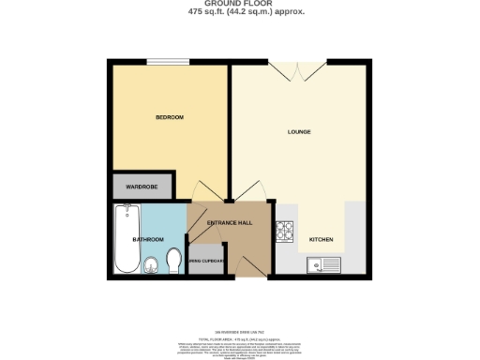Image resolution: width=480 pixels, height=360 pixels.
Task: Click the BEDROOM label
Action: [x=169, y=117]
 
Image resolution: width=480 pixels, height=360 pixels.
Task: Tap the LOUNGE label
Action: [x=299, y=131]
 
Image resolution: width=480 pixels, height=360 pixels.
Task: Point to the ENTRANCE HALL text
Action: [x=230, y=222]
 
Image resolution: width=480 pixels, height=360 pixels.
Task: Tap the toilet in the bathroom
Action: [x=172, y=259]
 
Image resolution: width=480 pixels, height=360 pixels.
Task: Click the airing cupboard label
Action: [x=206, y=260]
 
